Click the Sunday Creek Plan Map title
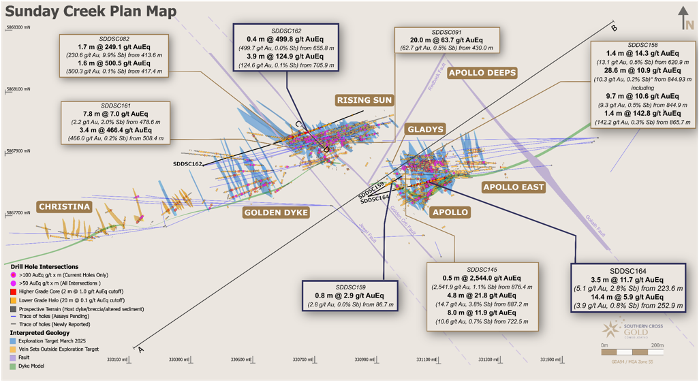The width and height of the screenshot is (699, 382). click(x=91, y=12)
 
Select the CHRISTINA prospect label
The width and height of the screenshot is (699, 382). click(x=64, y=206)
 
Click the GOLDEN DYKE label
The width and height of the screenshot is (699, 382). click(x=276, y=212)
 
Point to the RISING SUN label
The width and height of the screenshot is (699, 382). click(x=364, y=100)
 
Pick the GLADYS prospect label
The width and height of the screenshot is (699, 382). click(x=425, y=129)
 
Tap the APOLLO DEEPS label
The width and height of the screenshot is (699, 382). click(x=482, y=73)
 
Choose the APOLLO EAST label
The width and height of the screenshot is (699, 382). click(x=513, y=187)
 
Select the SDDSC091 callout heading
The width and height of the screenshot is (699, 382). click(x=447, y=32)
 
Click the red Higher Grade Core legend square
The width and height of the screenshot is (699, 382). click(x=14, y=290)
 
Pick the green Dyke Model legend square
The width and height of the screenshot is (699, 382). click(x=14, y=366)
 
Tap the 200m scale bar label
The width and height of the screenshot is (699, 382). click(x=657, y=345)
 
